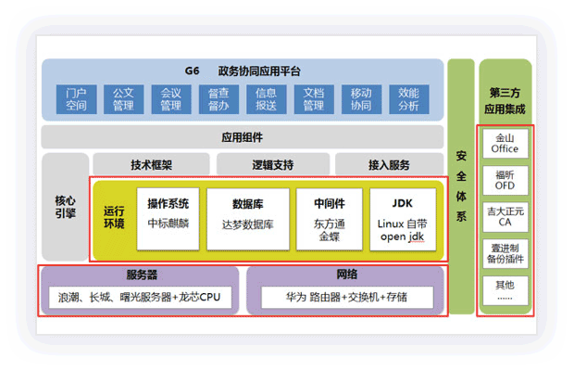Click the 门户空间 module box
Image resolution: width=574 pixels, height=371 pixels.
point(76,99)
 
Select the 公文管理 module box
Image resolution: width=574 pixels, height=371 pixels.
point(123,99)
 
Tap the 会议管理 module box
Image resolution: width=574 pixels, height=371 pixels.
point(170,99)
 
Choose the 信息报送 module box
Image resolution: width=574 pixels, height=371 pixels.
point(266,99)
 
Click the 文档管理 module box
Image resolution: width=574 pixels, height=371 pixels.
point(313,99)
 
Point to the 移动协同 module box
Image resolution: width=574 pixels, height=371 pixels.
point(361,99)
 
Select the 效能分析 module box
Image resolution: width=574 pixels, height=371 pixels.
point(408,99)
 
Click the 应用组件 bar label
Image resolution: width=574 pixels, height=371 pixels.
point(242,137)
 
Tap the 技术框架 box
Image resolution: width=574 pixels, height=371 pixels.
point(150,165)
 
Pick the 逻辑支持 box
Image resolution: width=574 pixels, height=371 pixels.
point(272,165)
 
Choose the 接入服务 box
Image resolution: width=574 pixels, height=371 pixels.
point(389,165)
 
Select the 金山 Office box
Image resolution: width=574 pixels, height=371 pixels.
point(505,143)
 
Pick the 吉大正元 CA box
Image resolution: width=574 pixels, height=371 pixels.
point(505,218)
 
